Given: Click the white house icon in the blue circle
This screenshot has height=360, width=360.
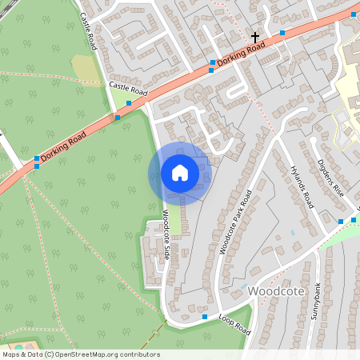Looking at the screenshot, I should (x=180, y=172).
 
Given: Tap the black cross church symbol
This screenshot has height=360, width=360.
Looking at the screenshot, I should (x=256, y=38).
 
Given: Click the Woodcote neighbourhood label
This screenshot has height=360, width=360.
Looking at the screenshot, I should (x=276, y=291).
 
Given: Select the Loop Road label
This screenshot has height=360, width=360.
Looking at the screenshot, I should (x=234, y=322).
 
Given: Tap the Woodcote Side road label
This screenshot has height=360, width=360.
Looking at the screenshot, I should (x=166, y=234).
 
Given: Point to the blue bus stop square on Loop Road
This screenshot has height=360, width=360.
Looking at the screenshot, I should (x=204, y=318).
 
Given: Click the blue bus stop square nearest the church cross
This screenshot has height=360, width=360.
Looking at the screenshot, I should (x=282, y=33).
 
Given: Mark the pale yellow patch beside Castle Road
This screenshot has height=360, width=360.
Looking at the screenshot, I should (x=83, y=68).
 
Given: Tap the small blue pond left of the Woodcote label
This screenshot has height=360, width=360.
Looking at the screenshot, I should (x=242, y=286).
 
